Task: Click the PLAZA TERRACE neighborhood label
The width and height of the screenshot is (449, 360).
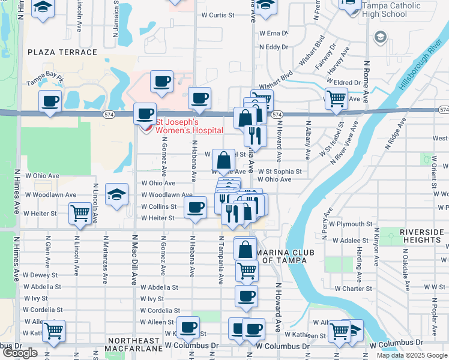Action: pyautogui.click(x=62, y=52)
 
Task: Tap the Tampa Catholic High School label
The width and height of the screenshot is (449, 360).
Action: pyautogui.click(x=394, y=10)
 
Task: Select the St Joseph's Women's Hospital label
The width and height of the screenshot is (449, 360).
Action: pyautogui.click(x=189, y=126)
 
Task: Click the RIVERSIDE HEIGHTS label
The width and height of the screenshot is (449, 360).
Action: pyautogui.click(x=414, y=236)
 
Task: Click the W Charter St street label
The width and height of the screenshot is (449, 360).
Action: pyautogui.click(x=354, y=289)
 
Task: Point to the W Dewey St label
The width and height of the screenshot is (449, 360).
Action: pyautogui.click(x=41, y=275)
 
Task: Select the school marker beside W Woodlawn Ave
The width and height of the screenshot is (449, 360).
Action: pyautogui.click(x=116, y=194)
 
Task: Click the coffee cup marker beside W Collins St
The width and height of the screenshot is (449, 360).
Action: pyautogui.click(x=194, y=208)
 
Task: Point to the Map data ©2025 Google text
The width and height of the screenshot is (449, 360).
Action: pyautogui.click(x=411, y=355)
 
